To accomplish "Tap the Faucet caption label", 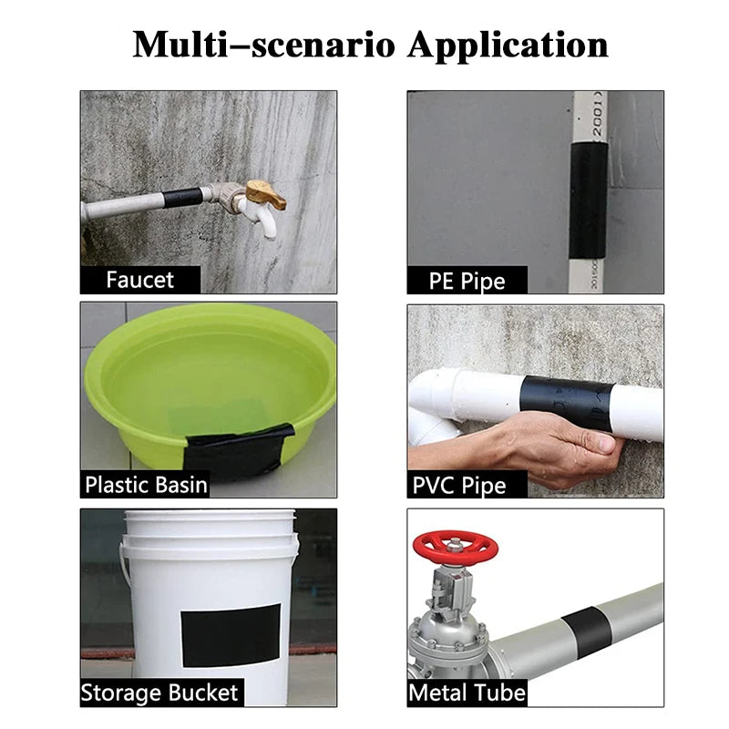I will pos(139,279).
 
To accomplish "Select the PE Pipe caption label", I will pos(467,280).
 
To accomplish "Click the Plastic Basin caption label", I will pos(146,484).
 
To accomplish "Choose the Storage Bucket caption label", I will pos(159,693).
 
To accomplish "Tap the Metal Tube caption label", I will pos(467,693).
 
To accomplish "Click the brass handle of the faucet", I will pos(265,193).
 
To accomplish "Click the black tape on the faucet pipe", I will pos(179,198).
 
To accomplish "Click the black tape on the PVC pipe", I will pos(568,404).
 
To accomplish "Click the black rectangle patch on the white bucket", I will pos(231,634).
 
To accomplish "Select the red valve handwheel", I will pos(456,548).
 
